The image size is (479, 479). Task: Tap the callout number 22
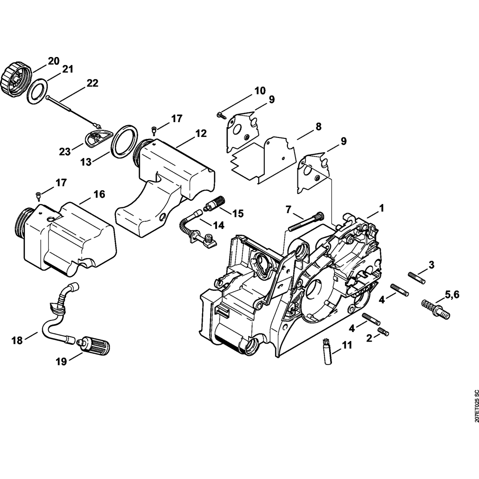[92, 83]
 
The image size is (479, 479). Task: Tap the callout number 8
[318, 127]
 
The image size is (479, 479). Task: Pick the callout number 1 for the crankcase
[382, 208]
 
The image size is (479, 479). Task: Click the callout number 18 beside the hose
[17, 341]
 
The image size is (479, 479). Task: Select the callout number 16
[99, 194]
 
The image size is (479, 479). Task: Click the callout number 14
[218, 224]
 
